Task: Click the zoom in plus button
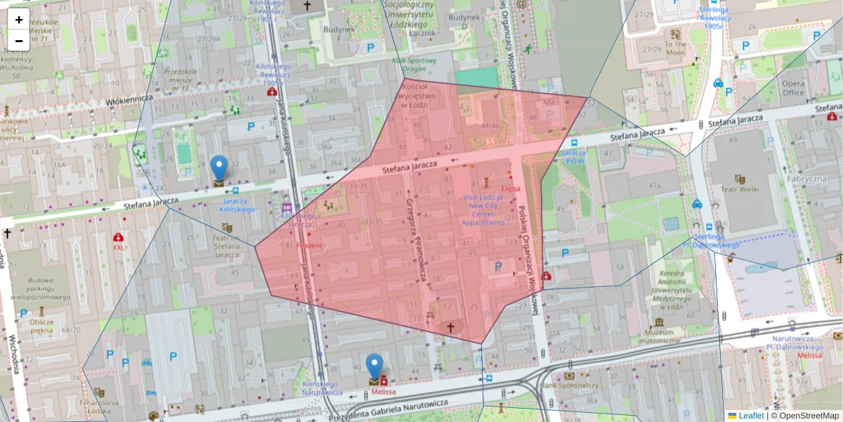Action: coord(19,20)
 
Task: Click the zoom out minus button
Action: coord(19,41)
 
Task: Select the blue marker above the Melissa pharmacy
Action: coord(374,368)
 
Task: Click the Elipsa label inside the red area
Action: coord(510,189)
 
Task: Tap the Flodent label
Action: coord(309,245)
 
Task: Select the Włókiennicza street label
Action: coord(130,101)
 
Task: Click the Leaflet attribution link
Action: coord(751,416)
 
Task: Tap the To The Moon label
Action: coord(675,48)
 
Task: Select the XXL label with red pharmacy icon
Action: coord(119,247)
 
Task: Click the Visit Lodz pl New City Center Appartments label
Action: coord(483,210)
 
